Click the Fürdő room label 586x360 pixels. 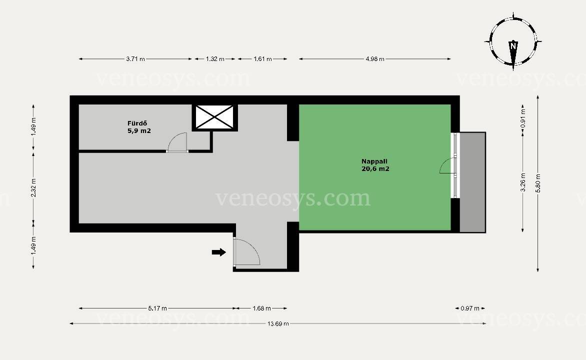pos(137,123)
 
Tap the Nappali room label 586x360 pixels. pos(374,161)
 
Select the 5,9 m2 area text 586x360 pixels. pos(139,131)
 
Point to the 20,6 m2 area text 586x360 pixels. pos(375,168)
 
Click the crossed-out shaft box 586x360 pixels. pos(214,117)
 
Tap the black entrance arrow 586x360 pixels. pos(219,252)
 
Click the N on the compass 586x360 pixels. pos(513,46)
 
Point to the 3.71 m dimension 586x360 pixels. pos(135,58)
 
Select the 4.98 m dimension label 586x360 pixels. pos(375,58)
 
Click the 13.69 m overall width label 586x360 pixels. pos(278,323)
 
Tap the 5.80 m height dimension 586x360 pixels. pos(538,183)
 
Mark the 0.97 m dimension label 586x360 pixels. pos(470,308)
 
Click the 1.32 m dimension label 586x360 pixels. pos(215,58)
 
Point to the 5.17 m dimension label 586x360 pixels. pos(157,308)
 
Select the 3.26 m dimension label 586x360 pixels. pos(523,182)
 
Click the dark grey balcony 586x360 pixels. pos(472,182)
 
